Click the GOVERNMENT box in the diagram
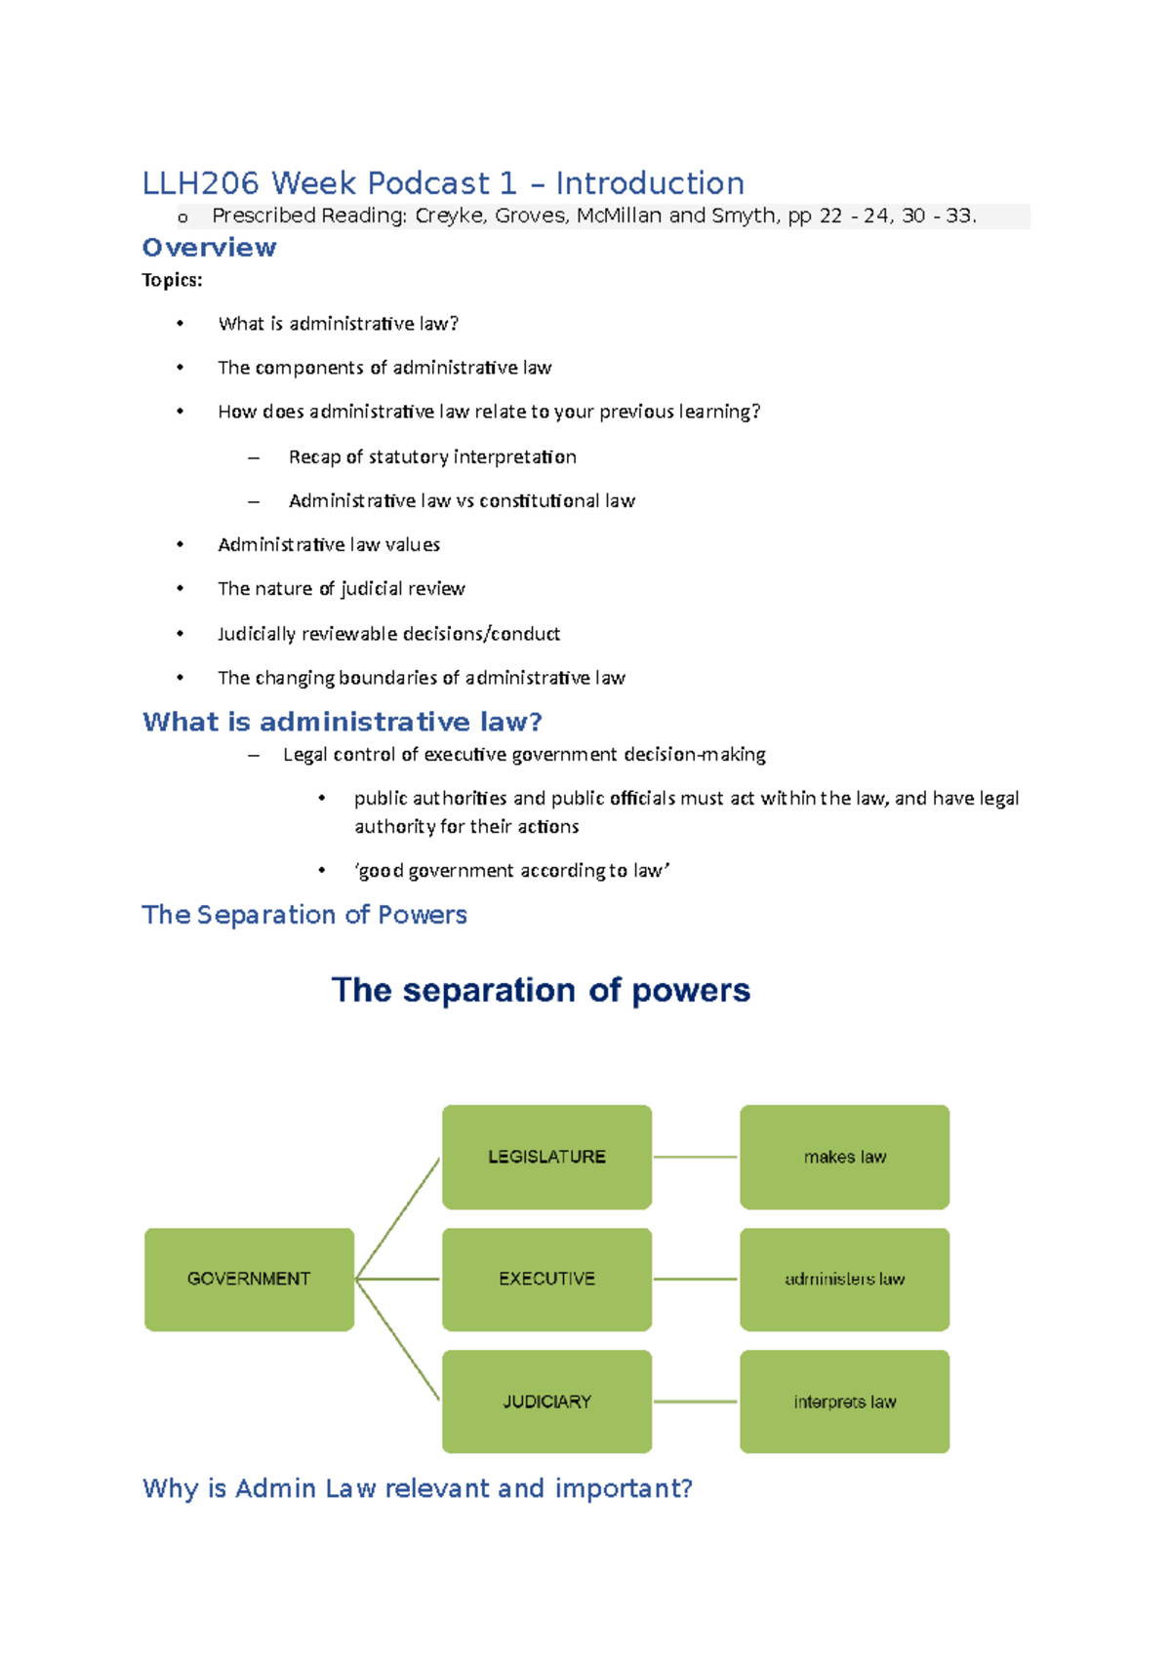pos(249,1279)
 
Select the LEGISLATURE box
pos(546,1157)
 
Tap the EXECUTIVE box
pos(546,1279)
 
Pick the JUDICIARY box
pos(546,1401)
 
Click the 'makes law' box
pos(844,1157)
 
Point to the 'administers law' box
pos(844,1279)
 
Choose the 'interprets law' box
pos(844,1401)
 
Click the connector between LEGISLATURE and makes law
pos(695,1157)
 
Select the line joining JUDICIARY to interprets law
pos(695,1401)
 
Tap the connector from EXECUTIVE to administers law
pos(695,1279)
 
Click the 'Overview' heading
pos(209,248)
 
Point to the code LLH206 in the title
pos(201,183)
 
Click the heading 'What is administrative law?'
pos(342,722)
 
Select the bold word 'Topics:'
pos(172,281)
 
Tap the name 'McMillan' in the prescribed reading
pos(619,216)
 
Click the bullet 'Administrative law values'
pos(329,544)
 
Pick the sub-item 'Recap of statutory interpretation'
pos(432,456)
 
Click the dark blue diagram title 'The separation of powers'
pos(541,990)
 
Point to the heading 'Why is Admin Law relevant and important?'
pos(417,1488)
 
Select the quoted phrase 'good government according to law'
pos(512,870)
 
